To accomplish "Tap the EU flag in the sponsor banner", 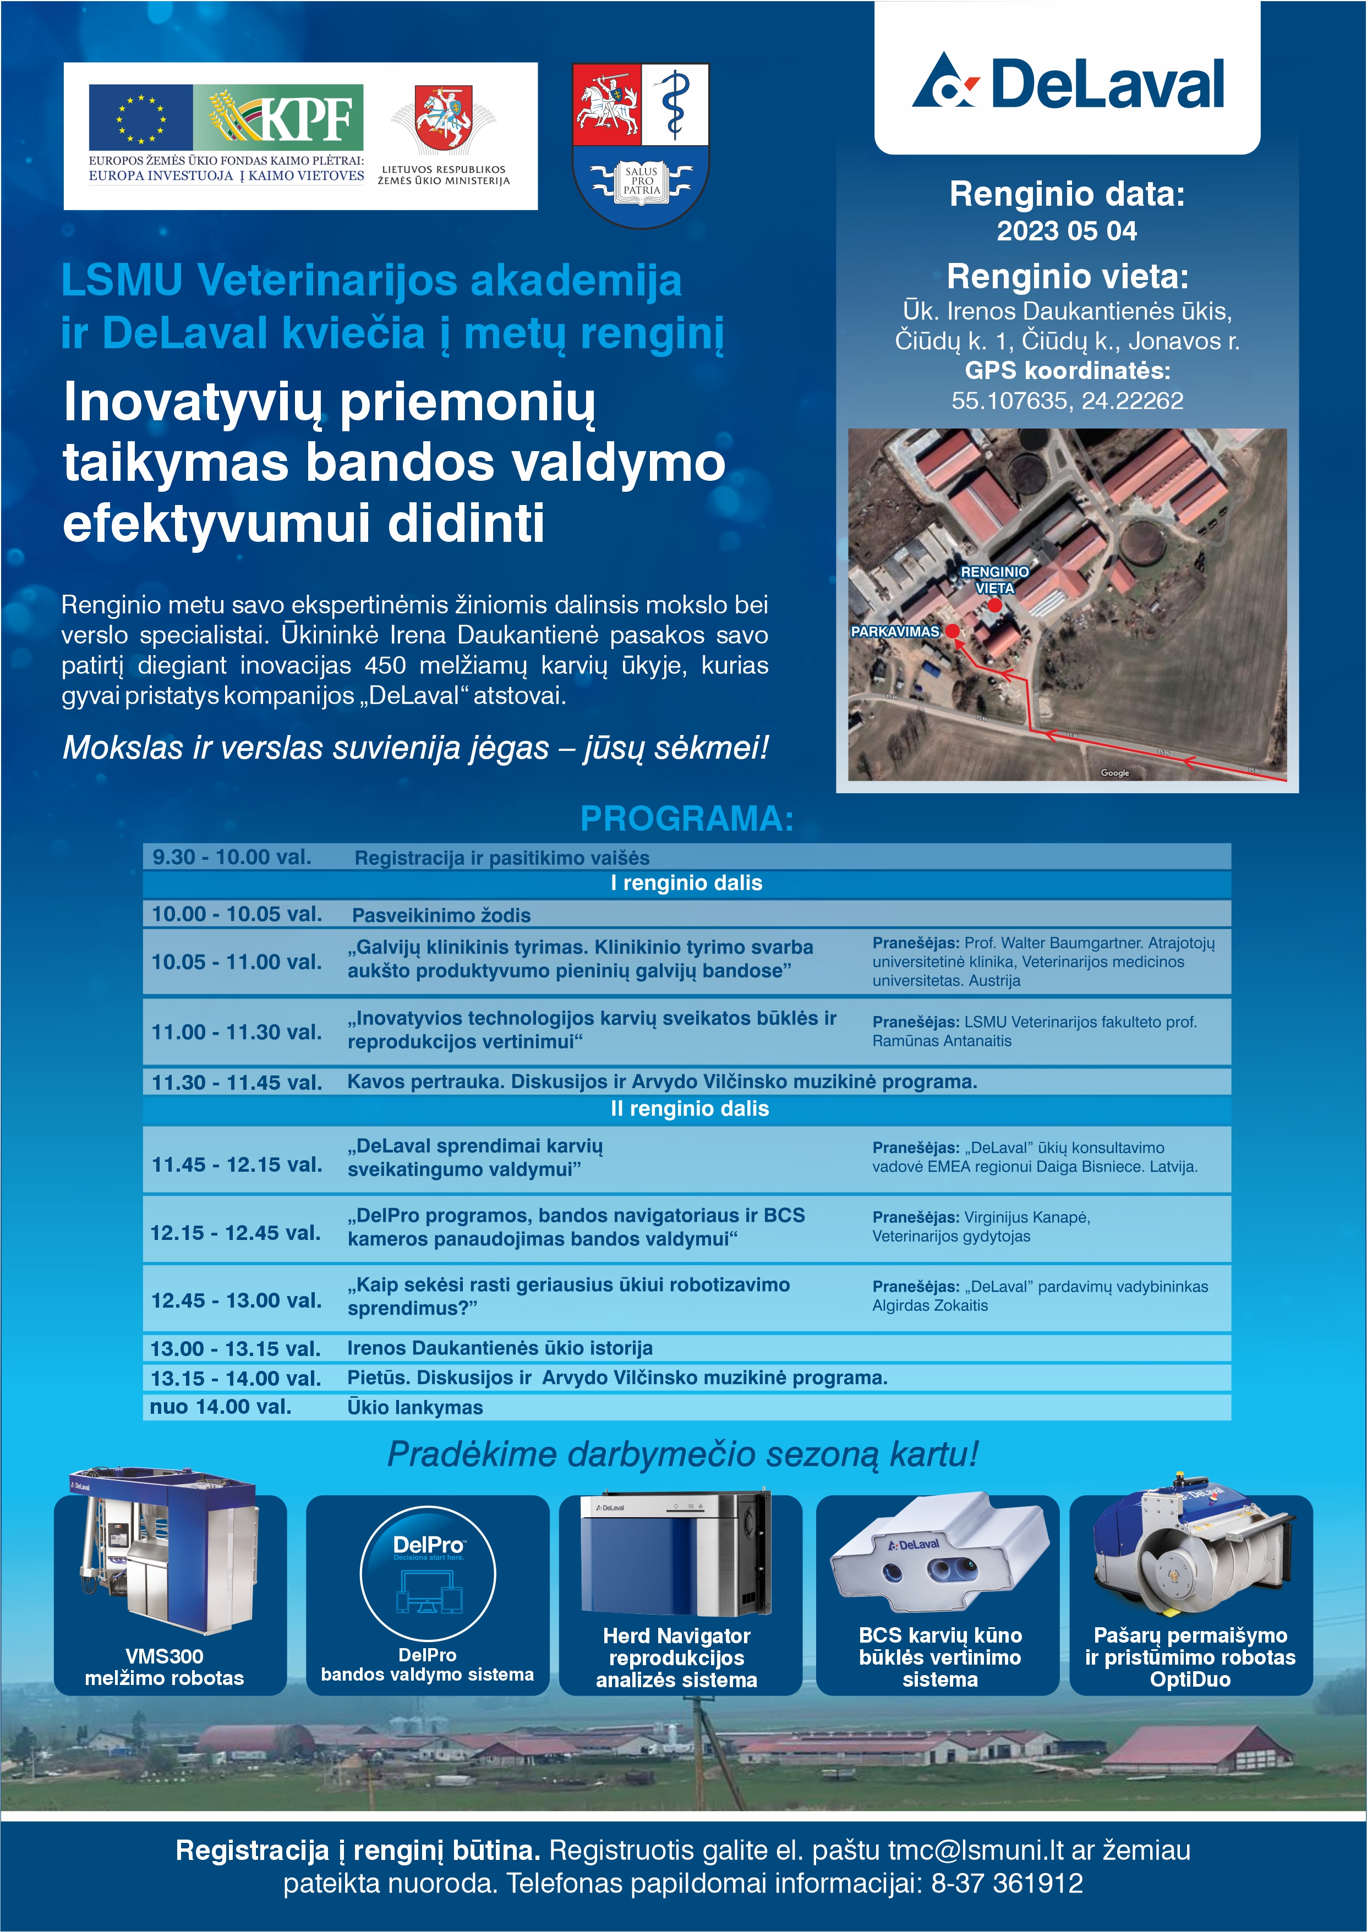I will (140, 117).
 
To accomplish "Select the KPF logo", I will (278, 117).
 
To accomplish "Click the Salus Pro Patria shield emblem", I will (641, 144).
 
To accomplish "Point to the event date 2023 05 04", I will (1067, 230).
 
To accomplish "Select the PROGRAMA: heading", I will (687, 819).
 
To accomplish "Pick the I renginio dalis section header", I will (687, 883).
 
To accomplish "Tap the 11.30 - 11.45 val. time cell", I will (237, 1082).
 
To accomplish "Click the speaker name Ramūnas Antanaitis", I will (942, 1041).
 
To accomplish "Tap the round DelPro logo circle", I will (428, 1573).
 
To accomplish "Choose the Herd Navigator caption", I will (676, 1657).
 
